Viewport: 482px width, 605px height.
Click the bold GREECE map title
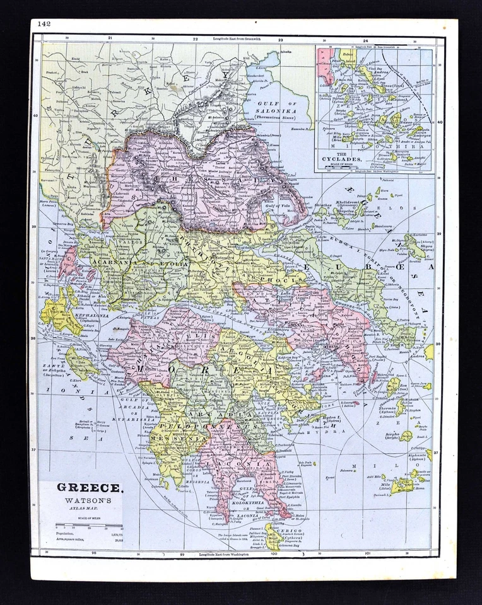pos(81,487)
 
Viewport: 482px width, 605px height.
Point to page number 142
pos(44,24)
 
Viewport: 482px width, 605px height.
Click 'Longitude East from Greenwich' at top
pos(239,38)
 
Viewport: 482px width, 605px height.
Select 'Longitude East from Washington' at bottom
pos(239,554)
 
